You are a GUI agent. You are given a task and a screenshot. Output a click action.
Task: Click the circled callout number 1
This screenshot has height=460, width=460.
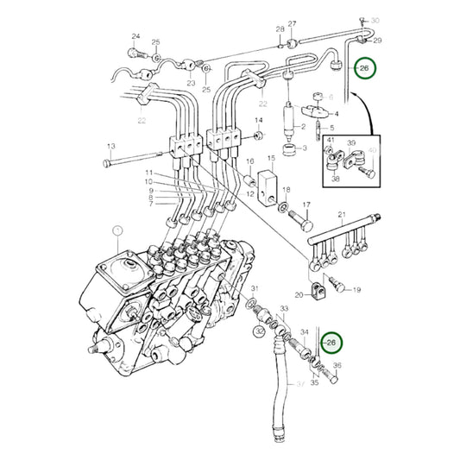pos(118,230)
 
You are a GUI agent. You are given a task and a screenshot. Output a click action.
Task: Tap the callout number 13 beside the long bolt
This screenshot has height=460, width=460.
pos(110,147)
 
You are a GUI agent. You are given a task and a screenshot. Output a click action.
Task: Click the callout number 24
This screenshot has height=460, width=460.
pos(135,36)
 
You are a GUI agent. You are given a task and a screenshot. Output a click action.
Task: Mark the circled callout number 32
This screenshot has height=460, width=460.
pos(259,330)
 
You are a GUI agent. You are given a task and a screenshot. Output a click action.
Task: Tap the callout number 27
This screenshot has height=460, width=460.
pos(292,23)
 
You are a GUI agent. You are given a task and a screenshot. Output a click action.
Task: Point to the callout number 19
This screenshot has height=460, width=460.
pos(356,290)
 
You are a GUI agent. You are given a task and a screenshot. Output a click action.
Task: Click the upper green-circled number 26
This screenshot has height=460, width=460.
pos(364,67)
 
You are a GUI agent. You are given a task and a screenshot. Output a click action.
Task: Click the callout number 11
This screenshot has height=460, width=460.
pos(148,174)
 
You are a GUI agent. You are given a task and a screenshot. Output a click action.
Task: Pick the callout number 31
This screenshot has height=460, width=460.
pos(255,287)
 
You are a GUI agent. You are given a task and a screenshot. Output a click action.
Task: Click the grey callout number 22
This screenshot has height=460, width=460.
pos(141,121)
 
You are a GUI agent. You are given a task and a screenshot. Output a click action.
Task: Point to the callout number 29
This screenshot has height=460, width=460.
pos(377,41)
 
